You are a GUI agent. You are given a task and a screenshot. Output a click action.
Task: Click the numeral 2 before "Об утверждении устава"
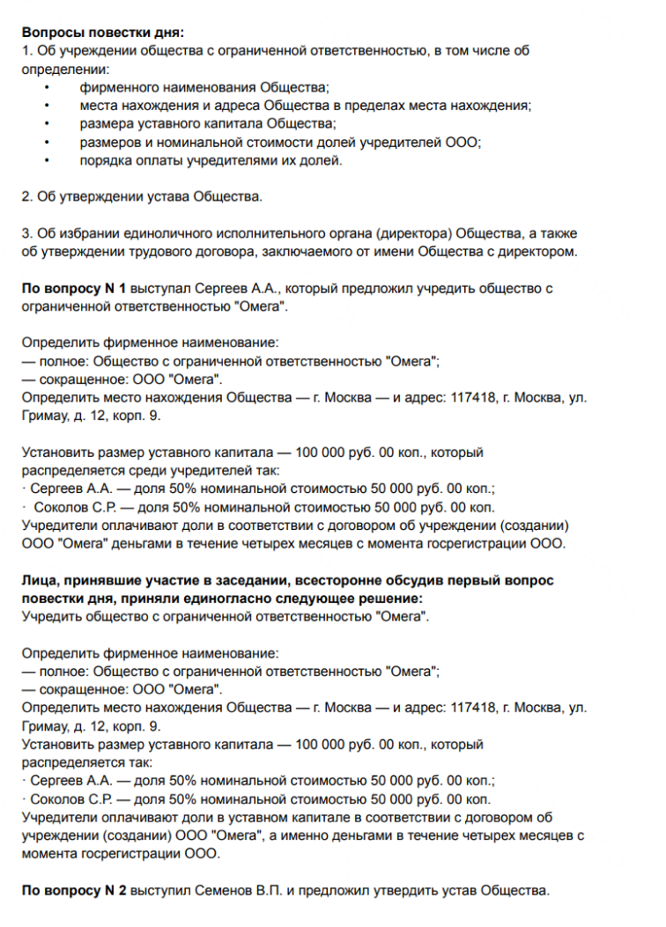[x=26, y=196]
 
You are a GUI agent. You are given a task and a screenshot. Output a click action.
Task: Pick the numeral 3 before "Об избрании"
[x=26, y=233]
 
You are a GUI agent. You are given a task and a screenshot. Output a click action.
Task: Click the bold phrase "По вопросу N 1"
[x=74, y=289]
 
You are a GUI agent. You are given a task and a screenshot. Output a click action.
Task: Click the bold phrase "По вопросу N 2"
[x=74, y=891]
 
